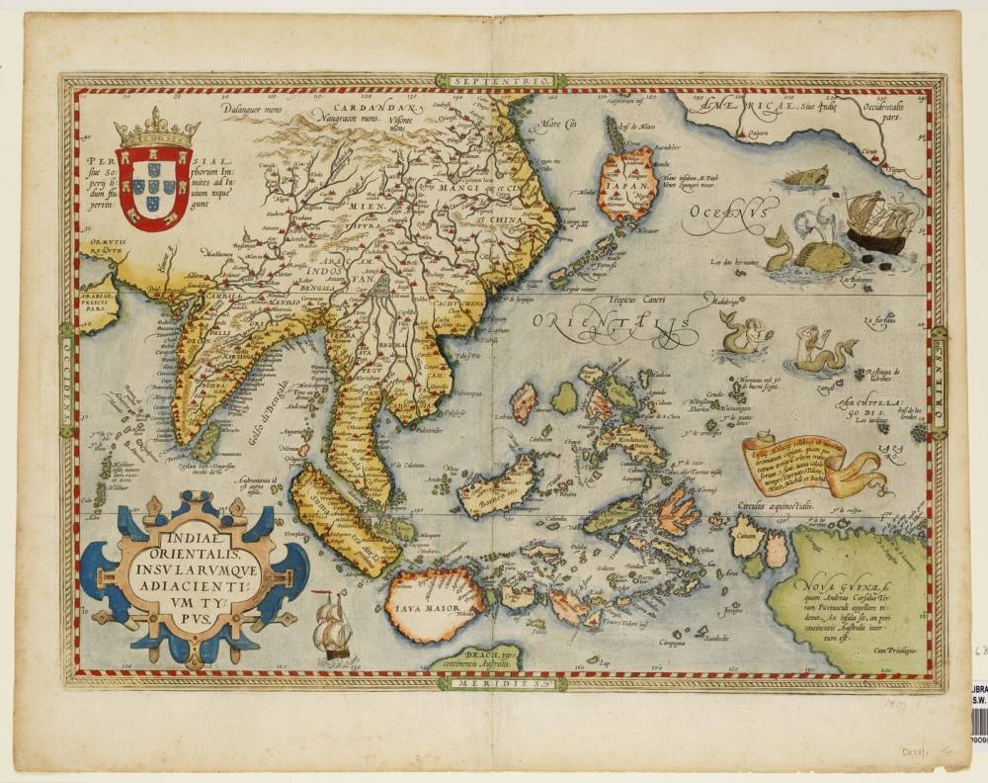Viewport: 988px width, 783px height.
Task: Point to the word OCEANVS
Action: pyautogui.click(x=732, y=211)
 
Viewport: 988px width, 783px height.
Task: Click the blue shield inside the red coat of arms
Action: pyautogui.click(x=155, y=181)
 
